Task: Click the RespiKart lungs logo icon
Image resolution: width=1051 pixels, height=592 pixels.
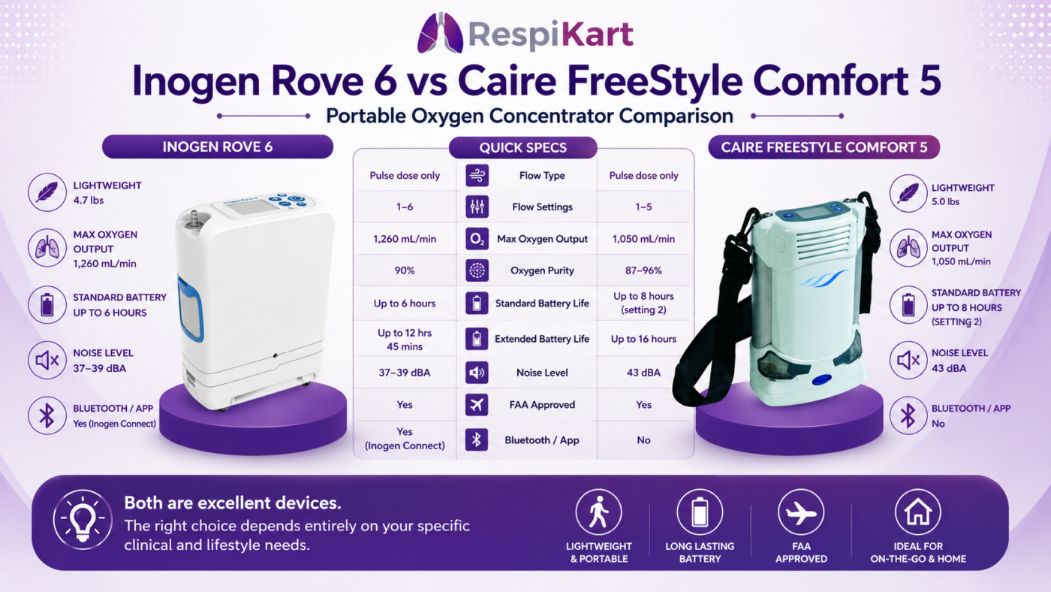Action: (440, 33)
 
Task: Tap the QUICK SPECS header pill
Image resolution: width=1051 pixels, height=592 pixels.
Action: (522, 147)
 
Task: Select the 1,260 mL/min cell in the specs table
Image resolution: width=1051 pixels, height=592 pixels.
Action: (405, 239)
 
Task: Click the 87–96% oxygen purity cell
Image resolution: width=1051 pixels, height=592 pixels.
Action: (643, 270)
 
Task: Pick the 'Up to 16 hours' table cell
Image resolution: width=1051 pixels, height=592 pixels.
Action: (643, 339)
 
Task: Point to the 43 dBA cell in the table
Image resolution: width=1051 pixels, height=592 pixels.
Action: (643, 373)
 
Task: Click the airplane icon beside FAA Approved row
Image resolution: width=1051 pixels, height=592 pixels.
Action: (477, 405)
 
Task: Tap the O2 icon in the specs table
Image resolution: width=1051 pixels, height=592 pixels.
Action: (477, 239)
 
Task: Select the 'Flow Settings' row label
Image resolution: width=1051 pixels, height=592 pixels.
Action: (542, 207)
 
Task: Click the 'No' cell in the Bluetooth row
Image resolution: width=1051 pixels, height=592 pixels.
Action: (643, 440)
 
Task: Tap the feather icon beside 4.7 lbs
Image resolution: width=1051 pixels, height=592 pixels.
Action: (47, 192)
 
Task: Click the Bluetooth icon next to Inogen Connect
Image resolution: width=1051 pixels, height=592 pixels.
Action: (47, 415)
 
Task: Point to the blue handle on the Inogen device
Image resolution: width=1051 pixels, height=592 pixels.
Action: (191, 308)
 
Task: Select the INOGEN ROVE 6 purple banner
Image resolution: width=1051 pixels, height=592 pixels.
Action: (218, 147)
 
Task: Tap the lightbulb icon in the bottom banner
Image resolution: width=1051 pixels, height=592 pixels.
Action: (83, 519)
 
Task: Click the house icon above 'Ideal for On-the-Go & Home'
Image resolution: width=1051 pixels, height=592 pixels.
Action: (917, 512)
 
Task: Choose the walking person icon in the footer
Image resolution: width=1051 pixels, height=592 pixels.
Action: (599, 512)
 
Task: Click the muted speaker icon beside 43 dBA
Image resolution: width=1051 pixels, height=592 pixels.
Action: (908, 360)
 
